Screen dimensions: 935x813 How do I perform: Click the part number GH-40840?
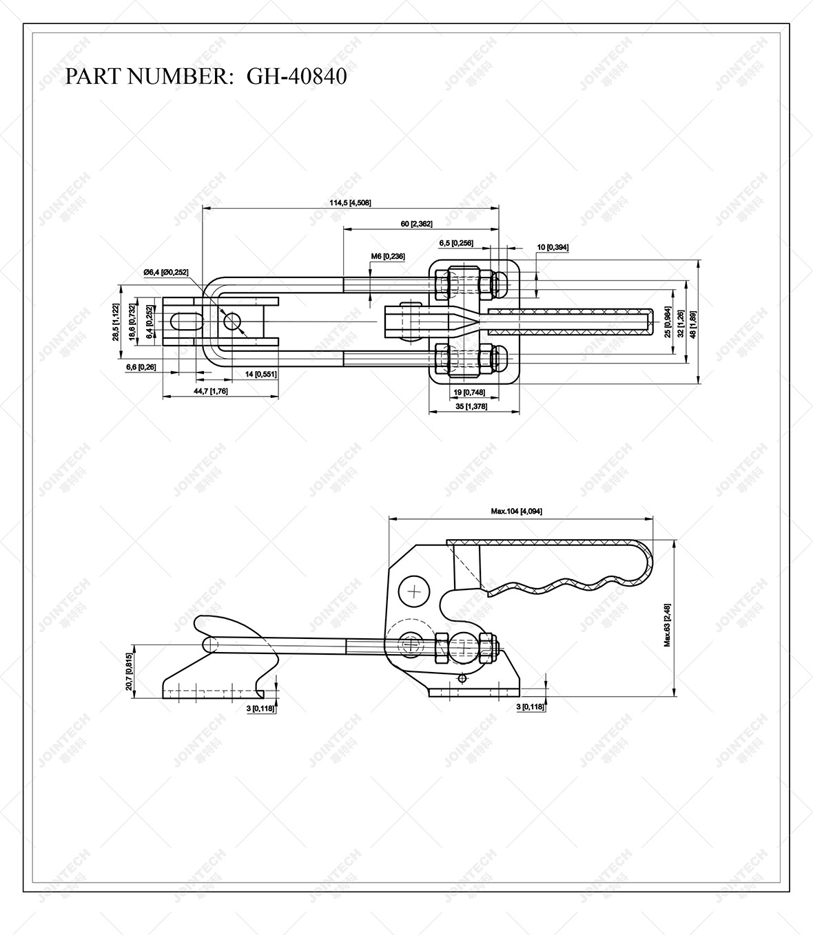tap(296, 76)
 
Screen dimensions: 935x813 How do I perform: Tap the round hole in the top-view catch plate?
tap(231, 321)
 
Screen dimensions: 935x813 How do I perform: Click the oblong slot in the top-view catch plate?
tap(185, 322)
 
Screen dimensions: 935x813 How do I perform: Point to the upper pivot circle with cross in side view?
tap(415, 591)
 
